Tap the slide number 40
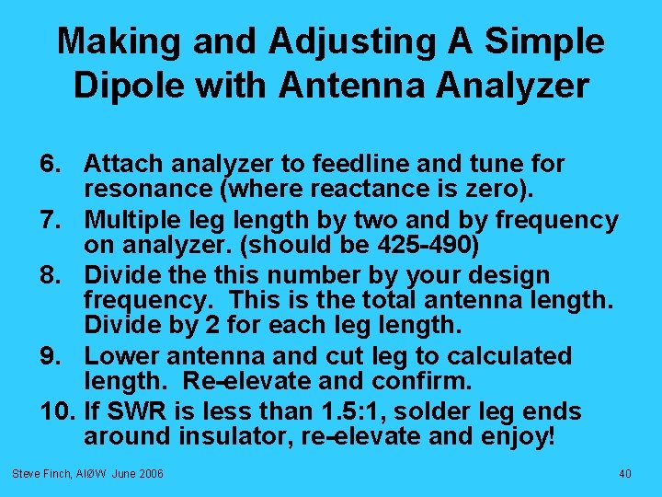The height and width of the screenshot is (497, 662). coord(624,473)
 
